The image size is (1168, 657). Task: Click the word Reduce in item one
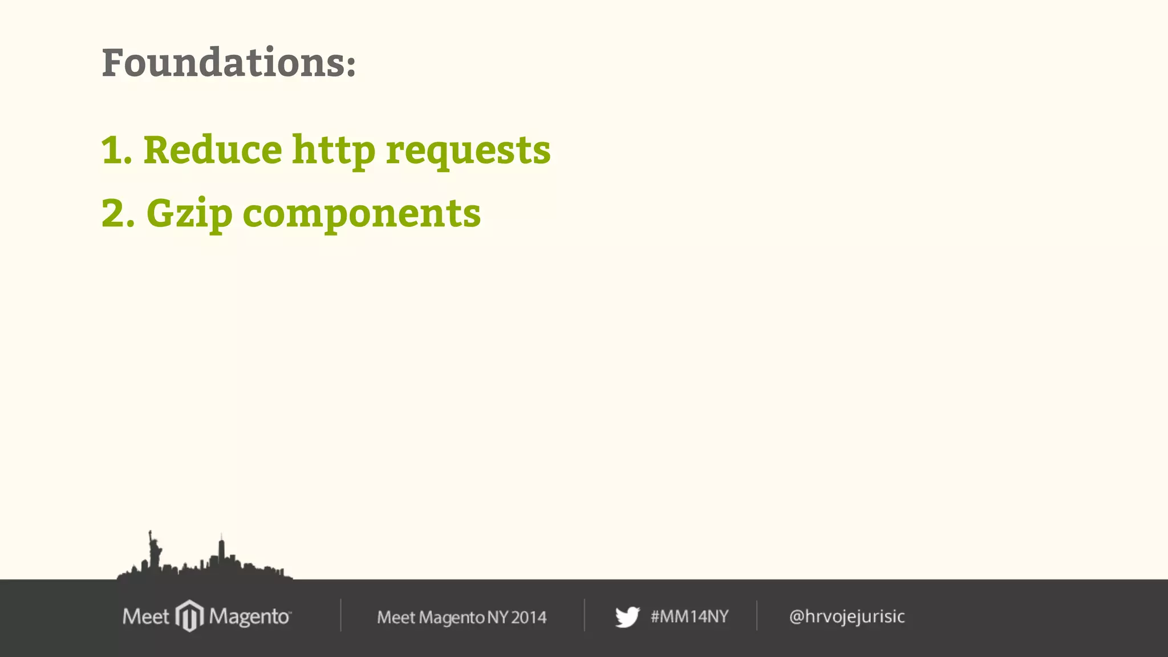(213, 150)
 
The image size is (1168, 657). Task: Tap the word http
(334, 150)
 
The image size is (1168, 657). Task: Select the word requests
(468, 151)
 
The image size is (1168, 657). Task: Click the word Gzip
(189, 214)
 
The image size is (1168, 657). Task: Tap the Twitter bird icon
(627, 617)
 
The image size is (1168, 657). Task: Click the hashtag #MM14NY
(690, 617)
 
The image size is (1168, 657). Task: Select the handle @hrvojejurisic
(847, 617)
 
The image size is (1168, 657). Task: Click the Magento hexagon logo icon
(189, 616)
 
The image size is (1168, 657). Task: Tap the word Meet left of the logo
(145, 617)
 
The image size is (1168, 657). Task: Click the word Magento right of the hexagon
(249, 617)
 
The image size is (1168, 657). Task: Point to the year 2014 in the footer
(529, 617)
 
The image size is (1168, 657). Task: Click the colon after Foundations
(351, 66)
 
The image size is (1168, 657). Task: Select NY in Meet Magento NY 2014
(498, 617)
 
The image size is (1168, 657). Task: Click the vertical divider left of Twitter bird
(585, 615)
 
